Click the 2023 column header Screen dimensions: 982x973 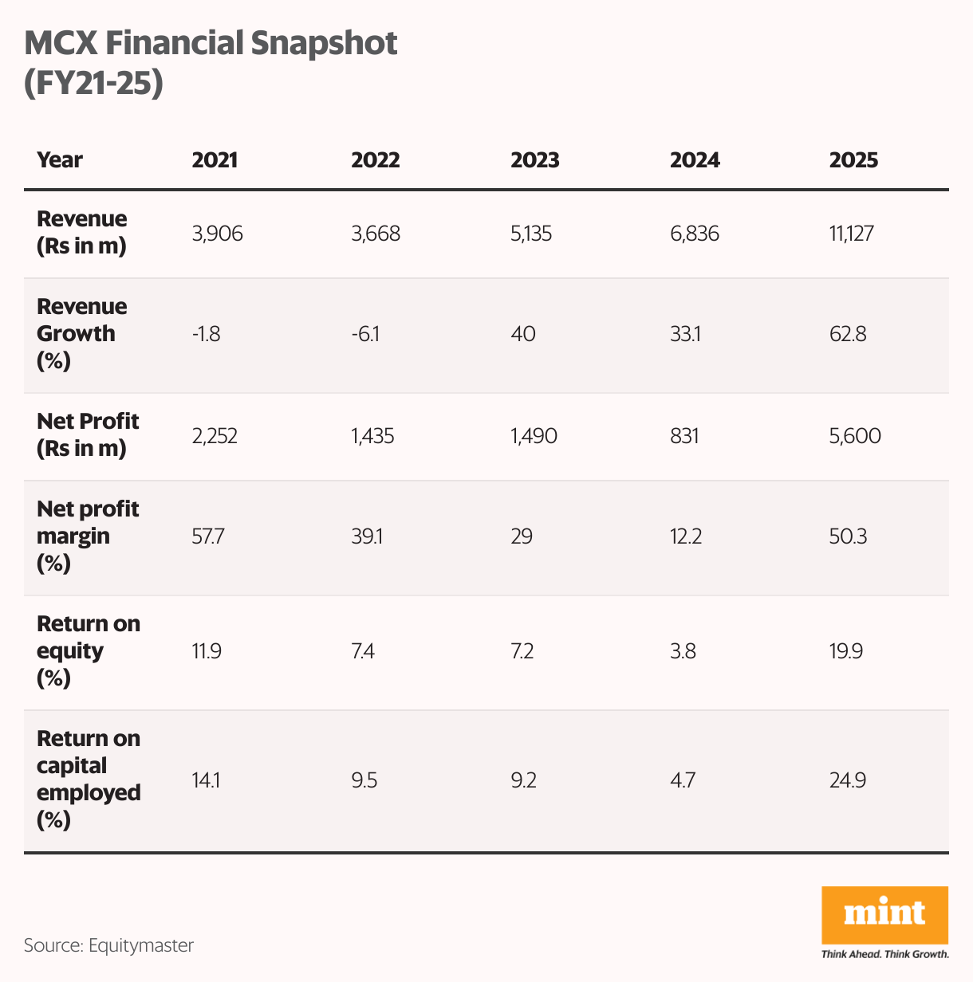(x=534, y=160)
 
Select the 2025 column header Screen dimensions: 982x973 (x=853, y=160)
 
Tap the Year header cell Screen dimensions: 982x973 (x=60, y=160)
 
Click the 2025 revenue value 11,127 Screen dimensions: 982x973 (x=852, y=234)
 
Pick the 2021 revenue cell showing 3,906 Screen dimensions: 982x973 (x=217, y=234)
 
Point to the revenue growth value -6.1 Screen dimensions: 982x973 (x=365, y=334)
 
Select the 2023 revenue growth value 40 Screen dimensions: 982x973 (x=523, y=334)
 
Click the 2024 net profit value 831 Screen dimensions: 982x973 (x=684, y=436)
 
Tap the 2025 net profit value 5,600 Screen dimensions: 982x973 (x=855, y=436)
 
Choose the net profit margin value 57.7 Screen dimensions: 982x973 (x=208, y=536)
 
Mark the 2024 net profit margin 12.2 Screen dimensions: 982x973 (x=686, y=536)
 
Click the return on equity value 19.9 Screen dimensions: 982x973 (x=846, y=651)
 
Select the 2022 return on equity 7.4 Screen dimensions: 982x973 (x=363, y=651)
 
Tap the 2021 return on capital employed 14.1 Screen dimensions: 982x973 (x=206, y=780)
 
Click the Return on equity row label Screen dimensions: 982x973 (x=88, y=650)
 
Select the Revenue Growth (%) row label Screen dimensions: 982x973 (x=81, y=334)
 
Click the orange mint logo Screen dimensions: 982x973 (x=884, y=914)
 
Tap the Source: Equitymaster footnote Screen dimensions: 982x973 (x=108, y=945)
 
